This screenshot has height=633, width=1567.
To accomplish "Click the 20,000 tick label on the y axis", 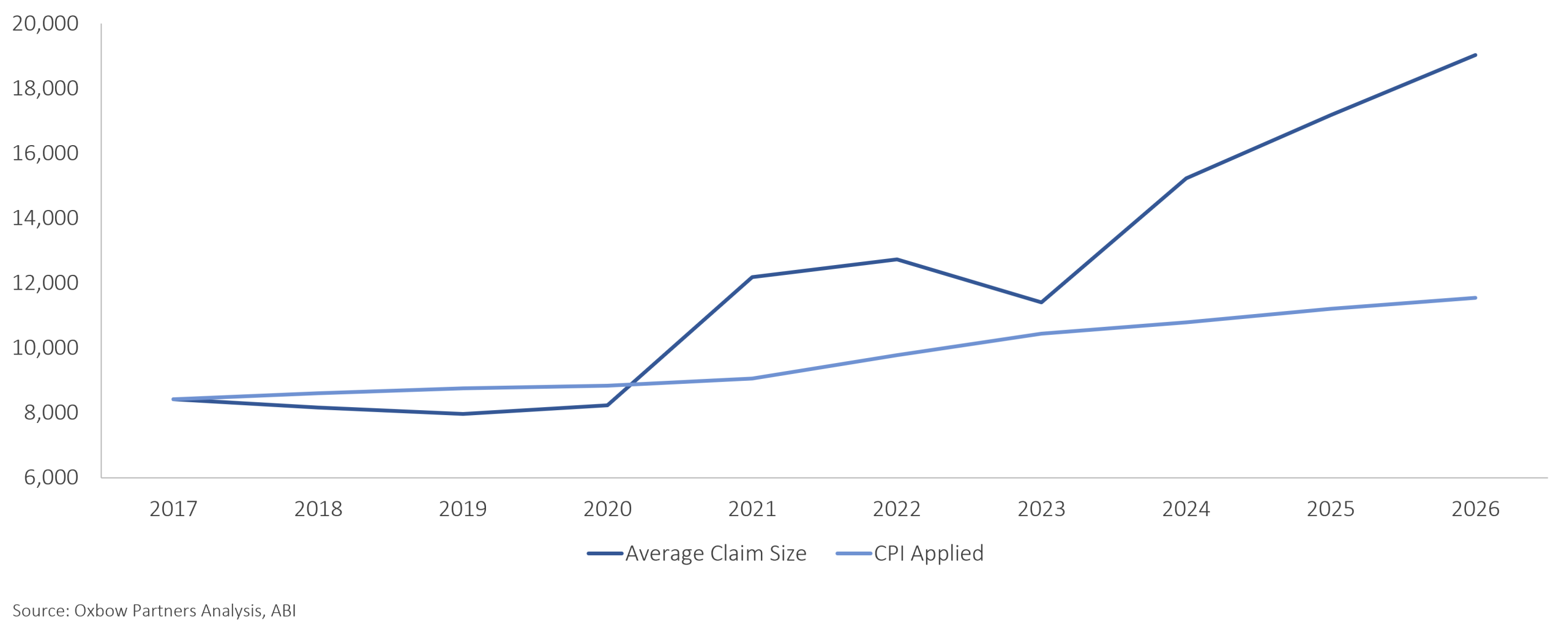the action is coord(45,23).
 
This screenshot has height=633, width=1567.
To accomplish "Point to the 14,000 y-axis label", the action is coord(45,218).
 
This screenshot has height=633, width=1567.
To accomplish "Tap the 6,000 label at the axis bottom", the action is coord(51,478).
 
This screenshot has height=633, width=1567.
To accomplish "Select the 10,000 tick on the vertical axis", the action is coord(45,348).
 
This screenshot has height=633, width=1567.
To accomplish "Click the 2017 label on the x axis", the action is coord(173,509).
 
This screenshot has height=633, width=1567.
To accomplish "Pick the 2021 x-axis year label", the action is coord(752,509).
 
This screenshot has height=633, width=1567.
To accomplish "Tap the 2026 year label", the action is coord(1475,509).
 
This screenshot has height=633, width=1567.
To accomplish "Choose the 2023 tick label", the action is coord(1041,509).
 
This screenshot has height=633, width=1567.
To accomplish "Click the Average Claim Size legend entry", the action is coord(697,553).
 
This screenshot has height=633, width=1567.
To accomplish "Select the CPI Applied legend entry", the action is coord(910,553).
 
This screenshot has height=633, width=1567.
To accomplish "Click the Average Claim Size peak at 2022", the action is coord(897,260).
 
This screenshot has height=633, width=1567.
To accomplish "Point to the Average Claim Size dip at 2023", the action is coord(1041,302).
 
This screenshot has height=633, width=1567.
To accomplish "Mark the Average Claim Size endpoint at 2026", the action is coord(1475,55).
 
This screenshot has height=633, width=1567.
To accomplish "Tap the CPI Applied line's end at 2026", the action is coord(1475,298).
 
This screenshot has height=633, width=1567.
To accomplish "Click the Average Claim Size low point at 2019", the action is coord(463,414).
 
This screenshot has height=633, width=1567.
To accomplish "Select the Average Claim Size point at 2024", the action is coord(1186,178).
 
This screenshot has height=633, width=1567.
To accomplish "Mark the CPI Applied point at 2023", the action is coord(1041,334).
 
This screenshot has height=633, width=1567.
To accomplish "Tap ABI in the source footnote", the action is coord(283,611).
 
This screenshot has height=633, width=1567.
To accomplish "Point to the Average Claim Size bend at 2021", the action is coord(752,277).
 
